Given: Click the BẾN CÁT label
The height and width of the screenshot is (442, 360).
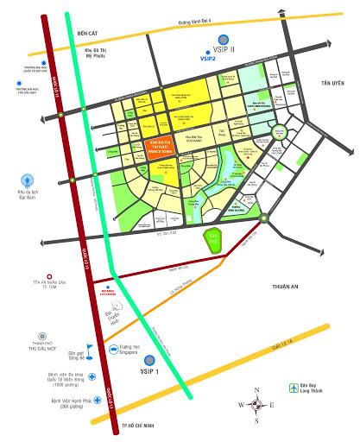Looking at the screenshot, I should tap(90, 33).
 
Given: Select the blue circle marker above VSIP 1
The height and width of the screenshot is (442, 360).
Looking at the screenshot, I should tap(150, 360).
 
